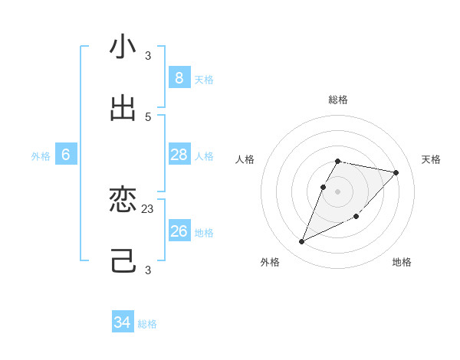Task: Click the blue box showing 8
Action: click(x=179, y=78)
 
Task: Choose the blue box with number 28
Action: click(x=179, y=155)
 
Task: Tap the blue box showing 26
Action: click(x=179, y=231)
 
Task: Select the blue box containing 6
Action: click(x=66, y=155)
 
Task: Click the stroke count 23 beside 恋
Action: click(x=148, y=208)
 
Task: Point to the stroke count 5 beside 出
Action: click(x=148, y=116)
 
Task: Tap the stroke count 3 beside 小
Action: click(x=148, y=55)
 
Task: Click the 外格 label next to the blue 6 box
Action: click(x=41, y=156)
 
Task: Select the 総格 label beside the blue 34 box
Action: click(x=147, y=324)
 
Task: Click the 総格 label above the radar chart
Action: click(x=338, y=100)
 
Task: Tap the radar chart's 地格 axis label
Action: click(x=402, y=262)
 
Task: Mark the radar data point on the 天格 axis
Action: click(x=396, y=172)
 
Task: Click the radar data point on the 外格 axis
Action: click(x=302, y=242)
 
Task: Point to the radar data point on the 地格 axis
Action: click(x=356, y=216)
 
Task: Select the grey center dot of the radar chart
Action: click(x=338, y=191)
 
